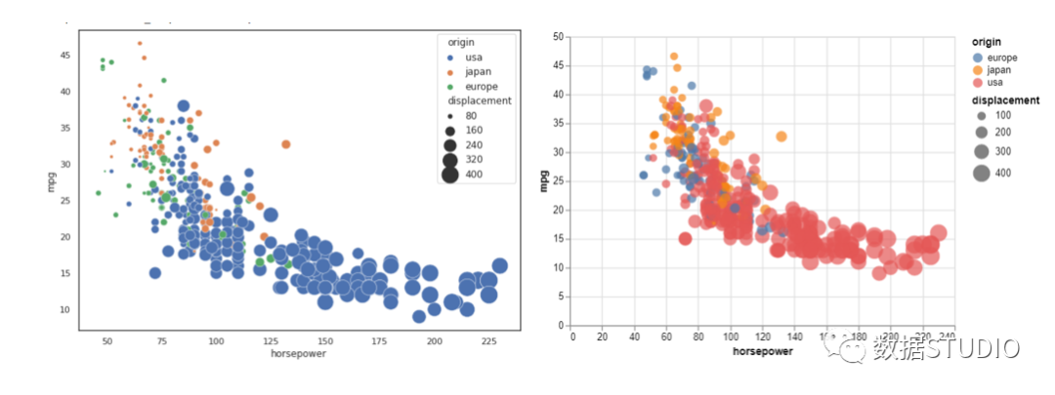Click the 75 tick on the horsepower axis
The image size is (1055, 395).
click(x=161, y=341)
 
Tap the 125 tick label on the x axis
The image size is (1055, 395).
click(x=270, y=341)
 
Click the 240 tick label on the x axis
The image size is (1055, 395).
click(x=947, y=336)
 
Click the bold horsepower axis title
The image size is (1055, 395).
click(x=763, y=350)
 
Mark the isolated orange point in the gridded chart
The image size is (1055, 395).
click(x=781, y=137)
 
